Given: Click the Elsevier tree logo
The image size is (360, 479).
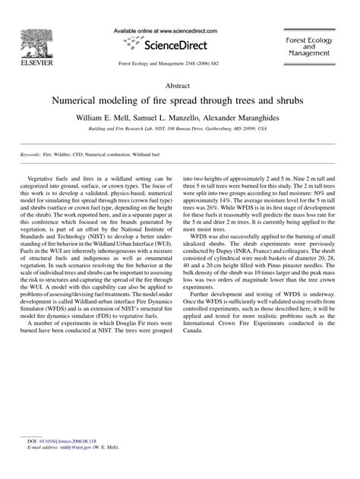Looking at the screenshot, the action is tap(31, 34).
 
